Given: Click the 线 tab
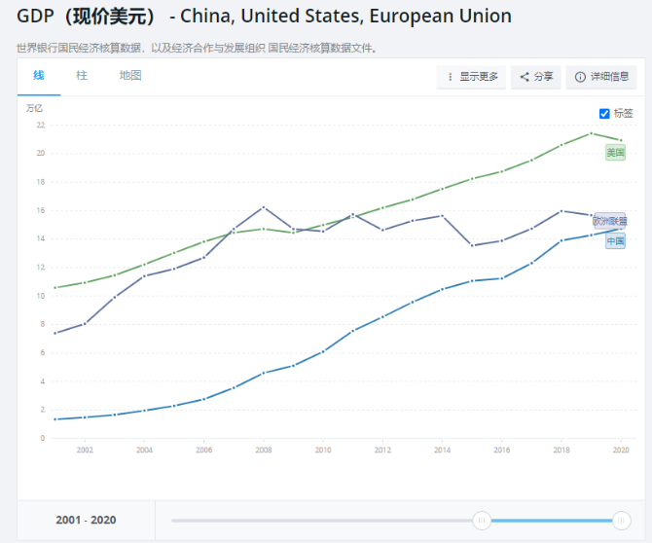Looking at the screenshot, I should coord(38,75).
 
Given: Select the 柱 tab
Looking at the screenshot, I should coord(82,75).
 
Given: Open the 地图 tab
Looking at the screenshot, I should coord(130,75).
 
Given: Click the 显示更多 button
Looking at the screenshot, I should coord(472,77).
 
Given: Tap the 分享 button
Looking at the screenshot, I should coord(536,77).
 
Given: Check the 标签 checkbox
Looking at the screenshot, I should coord(604,113).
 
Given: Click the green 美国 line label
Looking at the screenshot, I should coord(615,153).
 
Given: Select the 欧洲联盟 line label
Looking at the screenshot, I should coord(610,221).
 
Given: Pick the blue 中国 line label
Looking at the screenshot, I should coord(615,240).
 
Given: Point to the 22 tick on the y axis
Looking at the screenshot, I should coord(40,125).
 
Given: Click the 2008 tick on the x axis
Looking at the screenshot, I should coord(264,450).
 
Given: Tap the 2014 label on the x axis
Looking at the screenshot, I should coord(443,450).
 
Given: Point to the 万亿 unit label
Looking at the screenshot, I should coord(34,108).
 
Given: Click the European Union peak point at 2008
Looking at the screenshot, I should coord(264,207).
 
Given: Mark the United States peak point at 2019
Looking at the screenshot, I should coord(592,133).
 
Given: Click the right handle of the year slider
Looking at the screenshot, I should coord(622,521).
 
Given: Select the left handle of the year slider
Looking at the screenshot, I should coord(482,521).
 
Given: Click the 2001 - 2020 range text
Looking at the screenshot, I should coord(86,521).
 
